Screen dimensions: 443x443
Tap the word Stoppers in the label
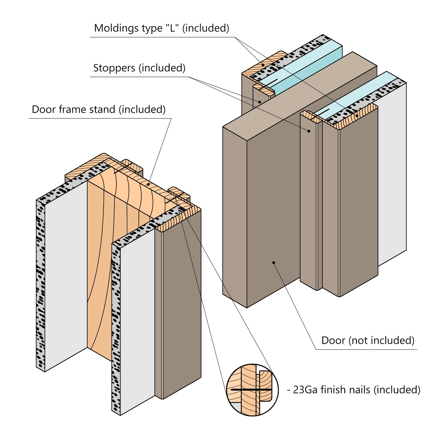click(114, 68)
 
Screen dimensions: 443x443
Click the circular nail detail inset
click(252, 390)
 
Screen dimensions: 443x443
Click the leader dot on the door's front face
click(273, 262)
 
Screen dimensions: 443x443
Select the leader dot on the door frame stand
click(148, 184)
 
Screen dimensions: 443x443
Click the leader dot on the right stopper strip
click(309, 131)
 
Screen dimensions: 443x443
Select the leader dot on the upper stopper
click(260, 102)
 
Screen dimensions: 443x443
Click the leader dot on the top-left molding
click(263, 65)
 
